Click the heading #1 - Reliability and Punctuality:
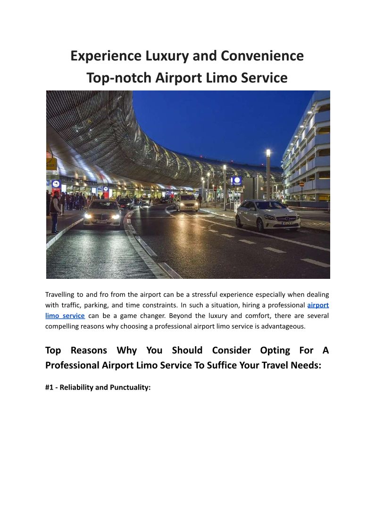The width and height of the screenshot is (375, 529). [x=98, y=388]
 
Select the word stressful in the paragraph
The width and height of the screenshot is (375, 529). [x=207, y=295]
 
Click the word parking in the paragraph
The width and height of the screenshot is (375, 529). [x=96, y=305]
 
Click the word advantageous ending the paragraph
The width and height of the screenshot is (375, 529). [x=284, y=326]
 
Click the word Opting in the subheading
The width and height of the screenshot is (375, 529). [x=275, y=350]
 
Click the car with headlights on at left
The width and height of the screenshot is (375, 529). [x=102, y=213]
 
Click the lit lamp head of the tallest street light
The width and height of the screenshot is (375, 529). [x=268, y=153]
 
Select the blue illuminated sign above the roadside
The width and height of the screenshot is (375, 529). [x=237, y=181]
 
